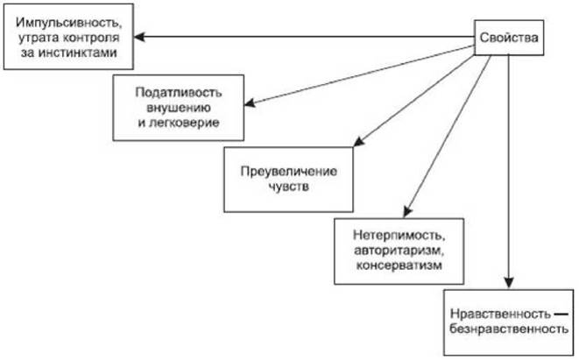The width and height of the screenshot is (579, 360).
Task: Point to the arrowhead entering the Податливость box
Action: coord(250,105)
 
